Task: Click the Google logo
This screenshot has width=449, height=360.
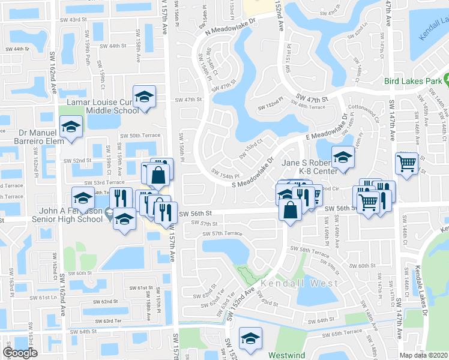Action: (20, 353)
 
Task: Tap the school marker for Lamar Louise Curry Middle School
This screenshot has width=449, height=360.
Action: (145, 97)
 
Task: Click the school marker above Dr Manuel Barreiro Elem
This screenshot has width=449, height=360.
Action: (71, 127)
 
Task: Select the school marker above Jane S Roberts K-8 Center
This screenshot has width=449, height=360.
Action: (343, 157)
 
